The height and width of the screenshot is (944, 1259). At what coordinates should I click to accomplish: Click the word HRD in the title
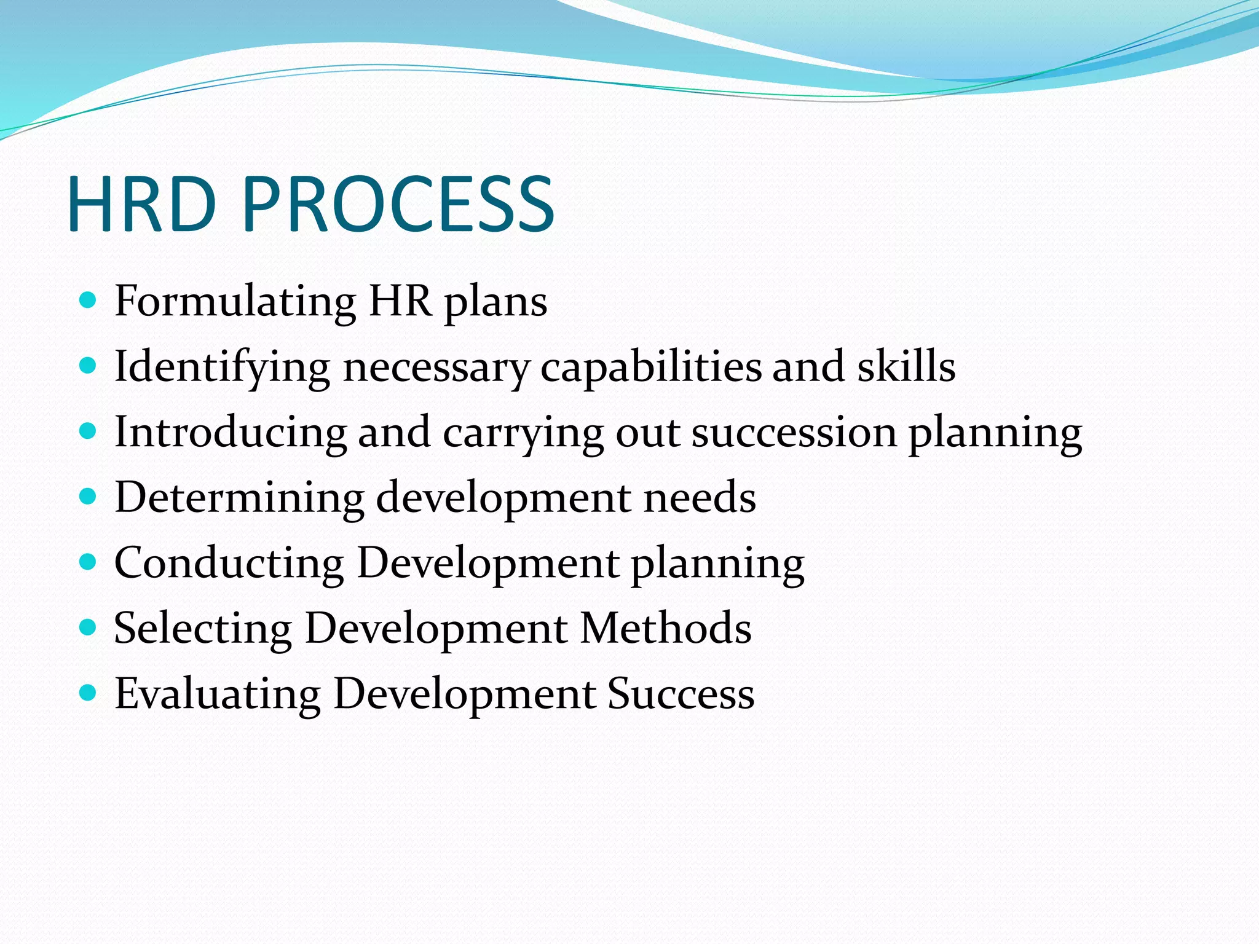pyautogui.click(x=142, y=205)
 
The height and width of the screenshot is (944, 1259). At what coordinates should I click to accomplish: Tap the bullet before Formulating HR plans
pyautogui.click(x=89, y=301)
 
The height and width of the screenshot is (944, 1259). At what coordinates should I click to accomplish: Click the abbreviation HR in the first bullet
pyautogui.click(x=400, y=301)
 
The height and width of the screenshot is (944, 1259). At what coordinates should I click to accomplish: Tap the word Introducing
pyautogui.click(x=231, y=432)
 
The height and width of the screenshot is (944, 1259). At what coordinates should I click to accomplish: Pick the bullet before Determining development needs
pyautogui.click(x=89, y=496)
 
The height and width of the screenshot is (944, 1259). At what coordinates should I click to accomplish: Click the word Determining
pyautogui.click(x=239, y=497)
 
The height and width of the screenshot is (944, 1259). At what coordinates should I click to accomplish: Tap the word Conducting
pyautogui.click(x=229, y=563)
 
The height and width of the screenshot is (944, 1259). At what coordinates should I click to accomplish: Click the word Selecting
pyautogui.click(x=203, y=629)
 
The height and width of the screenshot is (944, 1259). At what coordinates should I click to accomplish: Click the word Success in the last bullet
pyautogui.click(x=681, y=694)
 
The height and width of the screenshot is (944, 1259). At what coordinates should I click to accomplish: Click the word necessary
pyautogui.click(x=436, y=368)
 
